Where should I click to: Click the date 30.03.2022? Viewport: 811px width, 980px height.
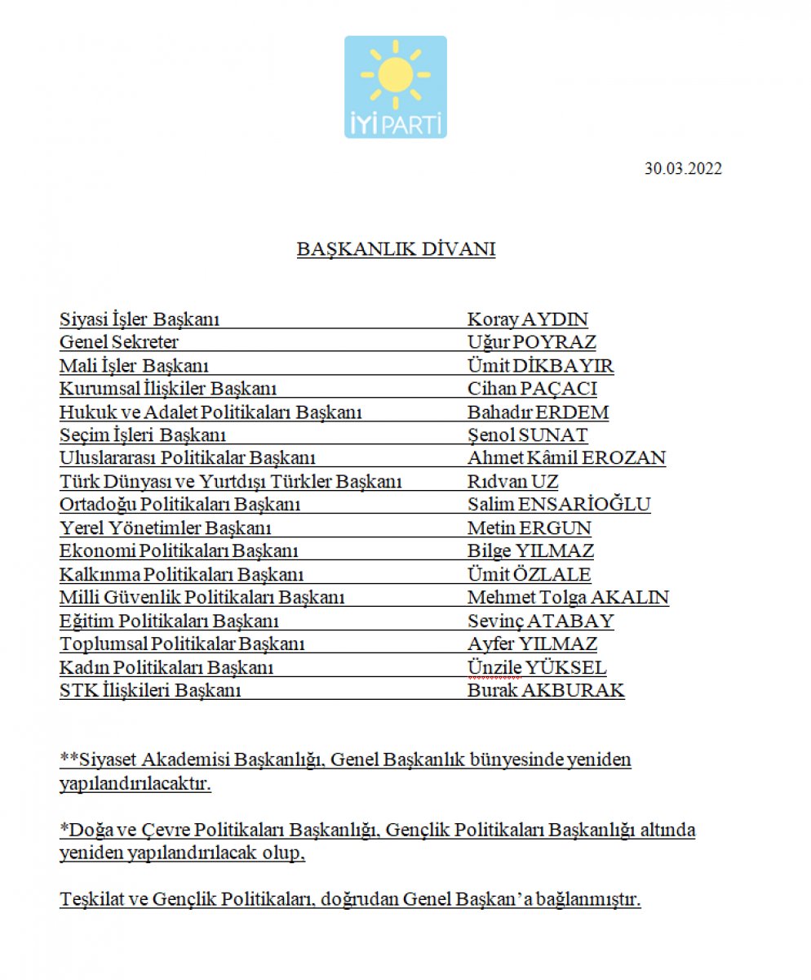(x=683, y=169)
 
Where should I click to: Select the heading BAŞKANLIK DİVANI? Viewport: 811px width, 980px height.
(x=396, y=249)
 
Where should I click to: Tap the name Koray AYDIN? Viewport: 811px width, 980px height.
(x=527, y=319)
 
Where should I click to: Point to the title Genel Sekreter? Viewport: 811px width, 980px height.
(x=119, y=342)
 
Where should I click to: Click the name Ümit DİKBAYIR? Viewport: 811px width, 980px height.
(x=540, y=366)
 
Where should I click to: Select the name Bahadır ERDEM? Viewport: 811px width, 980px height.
(x=538, y=412)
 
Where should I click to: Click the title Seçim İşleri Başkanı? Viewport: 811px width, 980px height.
(x=143, y=435)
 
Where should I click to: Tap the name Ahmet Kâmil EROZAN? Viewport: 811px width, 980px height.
(x=566, y=458)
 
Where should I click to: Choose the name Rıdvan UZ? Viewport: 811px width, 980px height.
(x=512, y=481)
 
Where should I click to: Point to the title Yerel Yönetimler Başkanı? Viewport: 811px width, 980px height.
(x=166, y=528)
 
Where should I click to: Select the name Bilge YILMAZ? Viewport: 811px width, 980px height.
(x=530, y=550)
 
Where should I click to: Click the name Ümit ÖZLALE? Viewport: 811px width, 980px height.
(x=529, y=574)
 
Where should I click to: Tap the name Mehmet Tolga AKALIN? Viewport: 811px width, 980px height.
(x=568, y=597)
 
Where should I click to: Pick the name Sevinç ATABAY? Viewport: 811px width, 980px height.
(x=540, y=621)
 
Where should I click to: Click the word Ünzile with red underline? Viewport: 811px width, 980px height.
(x=494, y=667)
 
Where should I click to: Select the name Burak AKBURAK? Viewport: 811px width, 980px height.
(x=546, y=690)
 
